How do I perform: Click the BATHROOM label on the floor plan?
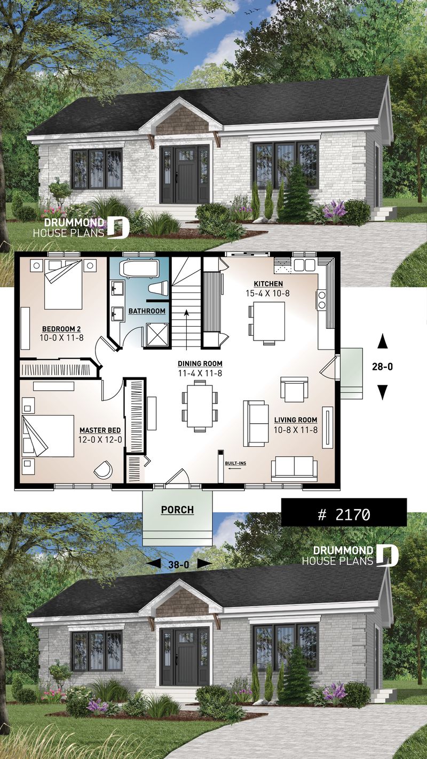[147, 311]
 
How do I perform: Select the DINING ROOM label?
[200, 363]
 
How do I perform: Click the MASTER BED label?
[100, 430]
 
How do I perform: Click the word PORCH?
[177, 510]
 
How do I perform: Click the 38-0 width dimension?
[178, 563]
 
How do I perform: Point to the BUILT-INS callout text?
[235, 463]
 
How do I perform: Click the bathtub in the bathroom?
[138, 268]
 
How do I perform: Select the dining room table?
[200, 405]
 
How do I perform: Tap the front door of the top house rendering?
[181, 171]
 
